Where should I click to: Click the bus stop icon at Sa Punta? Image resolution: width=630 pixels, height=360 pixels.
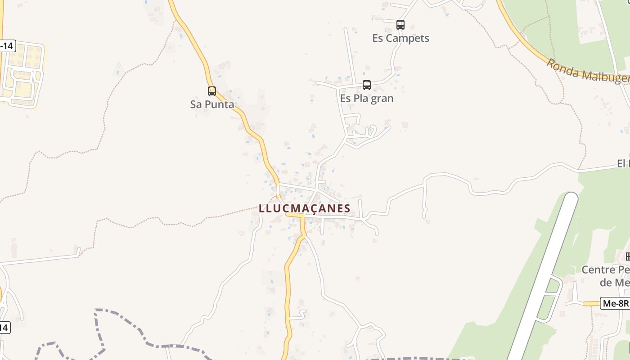[212, 91]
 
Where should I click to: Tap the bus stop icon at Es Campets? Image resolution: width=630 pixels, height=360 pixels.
[400, 25]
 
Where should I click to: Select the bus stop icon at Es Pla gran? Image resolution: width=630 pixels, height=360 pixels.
[367, 85]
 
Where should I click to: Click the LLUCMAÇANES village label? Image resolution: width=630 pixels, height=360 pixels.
[305, 208]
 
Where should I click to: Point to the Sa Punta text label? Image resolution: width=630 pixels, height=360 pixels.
[212, 104]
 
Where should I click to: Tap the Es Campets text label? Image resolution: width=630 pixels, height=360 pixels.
[400, 38]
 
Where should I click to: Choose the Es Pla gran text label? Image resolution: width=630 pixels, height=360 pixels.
[367, 98]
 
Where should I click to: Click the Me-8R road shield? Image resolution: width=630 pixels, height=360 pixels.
[615, 304]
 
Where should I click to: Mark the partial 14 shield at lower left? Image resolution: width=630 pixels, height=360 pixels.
[4, 328]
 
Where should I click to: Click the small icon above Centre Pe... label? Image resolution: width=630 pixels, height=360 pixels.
[627, 256]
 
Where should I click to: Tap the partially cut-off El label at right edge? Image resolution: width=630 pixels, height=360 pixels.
[623, 163]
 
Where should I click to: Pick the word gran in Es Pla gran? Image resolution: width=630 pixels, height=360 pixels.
[382, 98]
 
